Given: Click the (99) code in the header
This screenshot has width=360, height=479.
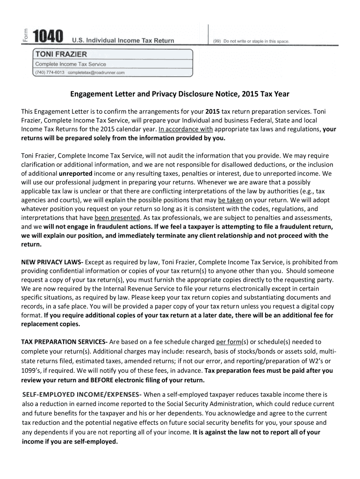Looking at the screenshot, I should (x=217, y=41).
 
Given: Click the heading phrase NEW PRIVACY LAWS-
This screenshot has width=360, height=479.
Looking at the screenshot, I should (x=52, y=262).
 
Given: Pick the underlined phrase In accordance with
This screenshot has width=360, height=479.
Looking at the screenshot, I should (x=186, y=130).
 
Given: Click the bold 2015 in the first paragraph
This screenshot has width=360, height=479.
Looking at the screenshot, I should (x=212, y=112).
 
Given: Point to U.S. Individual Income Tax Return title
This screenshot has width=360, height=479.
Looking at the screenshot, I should (x=123, y=41).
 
